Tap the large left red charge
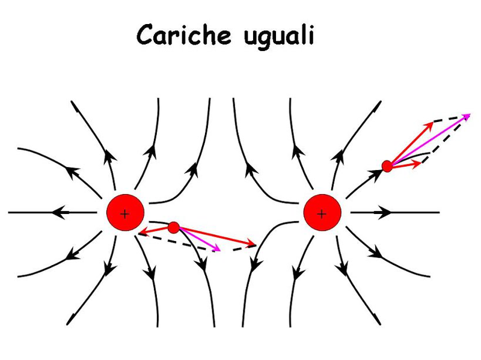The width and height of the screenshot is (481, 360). tap(125, 213)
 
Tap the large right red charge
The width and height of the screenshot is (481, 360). tap(322, 213)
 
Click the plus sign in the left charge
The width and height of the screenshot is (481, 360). tap(125, 213)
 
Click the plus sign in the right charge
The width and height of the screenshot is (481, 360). tap(322, 213)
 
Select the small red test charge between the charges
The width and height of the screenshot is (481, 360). tap(174, 227)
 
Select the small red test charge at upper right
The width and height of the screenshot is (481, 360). tap(388, 166)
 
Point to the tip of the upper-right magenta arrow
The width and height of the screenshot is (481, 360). tap(470, 114)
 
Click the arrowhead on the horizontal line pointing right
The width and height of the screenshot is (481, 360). tap(386, 212)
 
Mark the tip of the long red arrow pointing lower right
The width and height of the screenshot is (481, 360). tap(257, 245)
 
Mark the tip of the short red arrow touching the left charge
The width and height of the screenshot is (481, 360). tap(139, 233)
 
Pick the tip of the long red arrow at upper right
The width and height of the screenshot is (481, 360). tap(434, 123)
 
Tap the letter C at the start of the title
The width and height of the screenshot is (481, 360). tap(144, 35)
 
